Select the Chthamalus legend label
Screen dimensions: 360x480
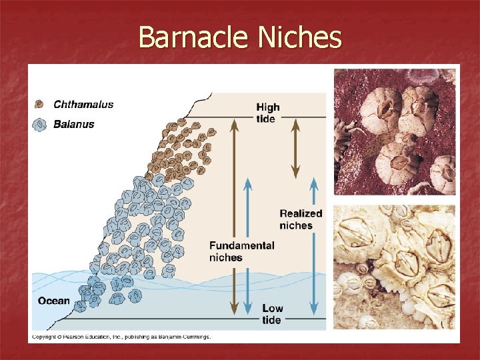83,104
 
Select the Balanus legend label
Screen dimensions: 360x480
73,123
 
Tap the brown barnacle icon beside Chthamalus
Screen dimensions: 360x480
40,104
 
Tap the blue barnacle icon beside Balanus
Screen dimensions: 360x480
40,124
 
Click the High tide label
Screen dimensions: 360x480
268,113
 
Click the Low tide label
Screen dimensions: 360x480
272,314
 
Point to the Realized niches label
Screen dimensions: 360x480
301,219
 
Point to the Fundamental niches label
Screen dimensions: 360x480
241,251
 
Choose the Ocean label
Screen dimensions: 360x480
54,301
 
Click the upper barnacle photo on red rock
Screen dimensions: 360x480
395,132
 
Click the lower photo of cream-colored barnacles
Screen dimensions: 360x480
395,267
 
